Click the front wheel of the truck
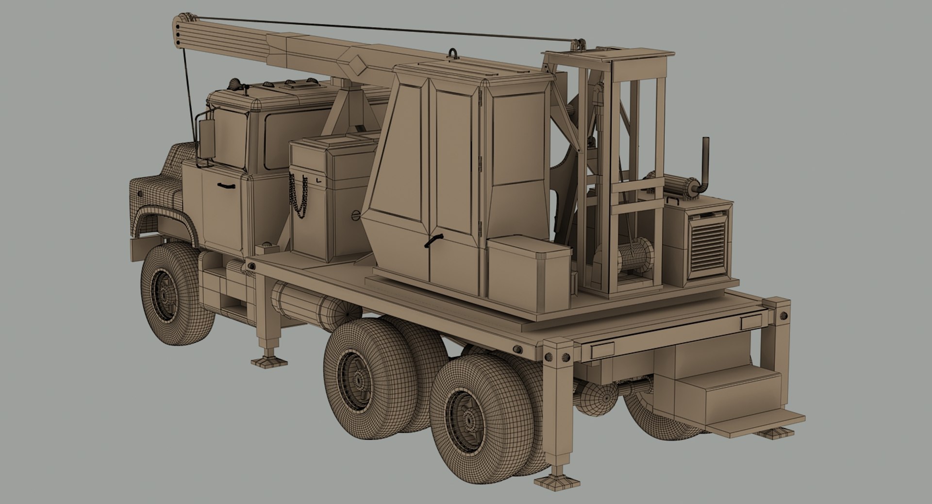pos(167,291)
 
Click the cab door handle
pos(226,185)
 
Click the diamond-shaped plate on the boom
pos(358,65)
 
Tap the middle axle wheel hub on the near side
pos(359,379)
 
